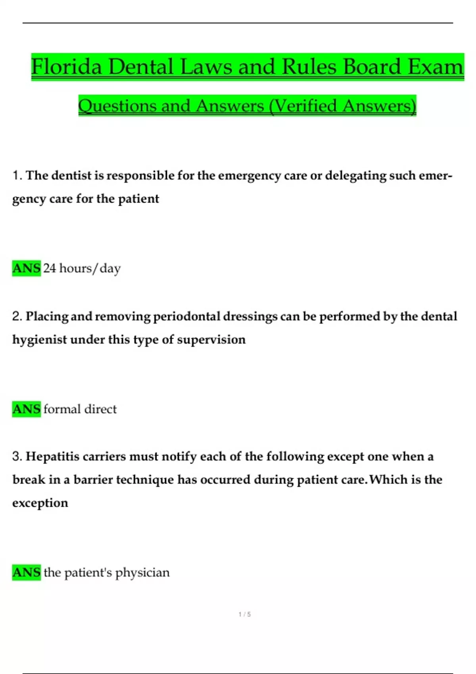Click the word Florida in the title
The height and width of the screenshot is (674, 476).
coord(67,66)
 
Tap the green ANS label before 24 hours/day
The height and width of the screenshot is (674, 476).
coord(27,268)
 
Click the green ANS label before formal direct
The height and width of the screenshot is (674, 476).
coord(27,409)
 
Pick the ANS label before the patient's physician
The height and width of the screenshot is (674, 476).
coord(27,572)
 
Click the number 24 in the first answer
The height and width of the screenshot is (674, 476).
coord(50,268)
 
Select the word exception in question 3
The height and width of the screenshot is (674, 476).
coord(40,503)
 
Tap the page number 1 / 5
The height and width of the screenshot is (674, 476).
coord(244,614)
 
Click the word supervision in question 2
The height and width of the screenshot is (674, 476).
coord(211,340)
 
